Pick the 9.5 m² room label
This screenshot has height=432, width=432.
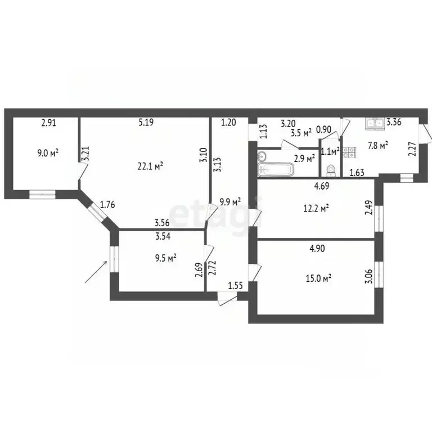click(165, 258)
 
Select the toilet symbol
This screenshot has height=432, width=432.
click(331, 169)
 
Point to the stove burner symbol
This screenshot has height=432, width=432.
click(348, 151)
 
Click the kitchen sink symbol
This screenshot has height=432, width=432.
click(374, 122)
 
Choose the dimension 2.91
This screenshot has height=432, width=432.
click(49, 121)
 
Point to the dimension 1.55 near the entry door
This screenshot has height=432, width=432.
click(236, 286)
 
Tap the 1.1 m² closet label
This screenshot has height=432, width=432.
click(329, 151)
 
